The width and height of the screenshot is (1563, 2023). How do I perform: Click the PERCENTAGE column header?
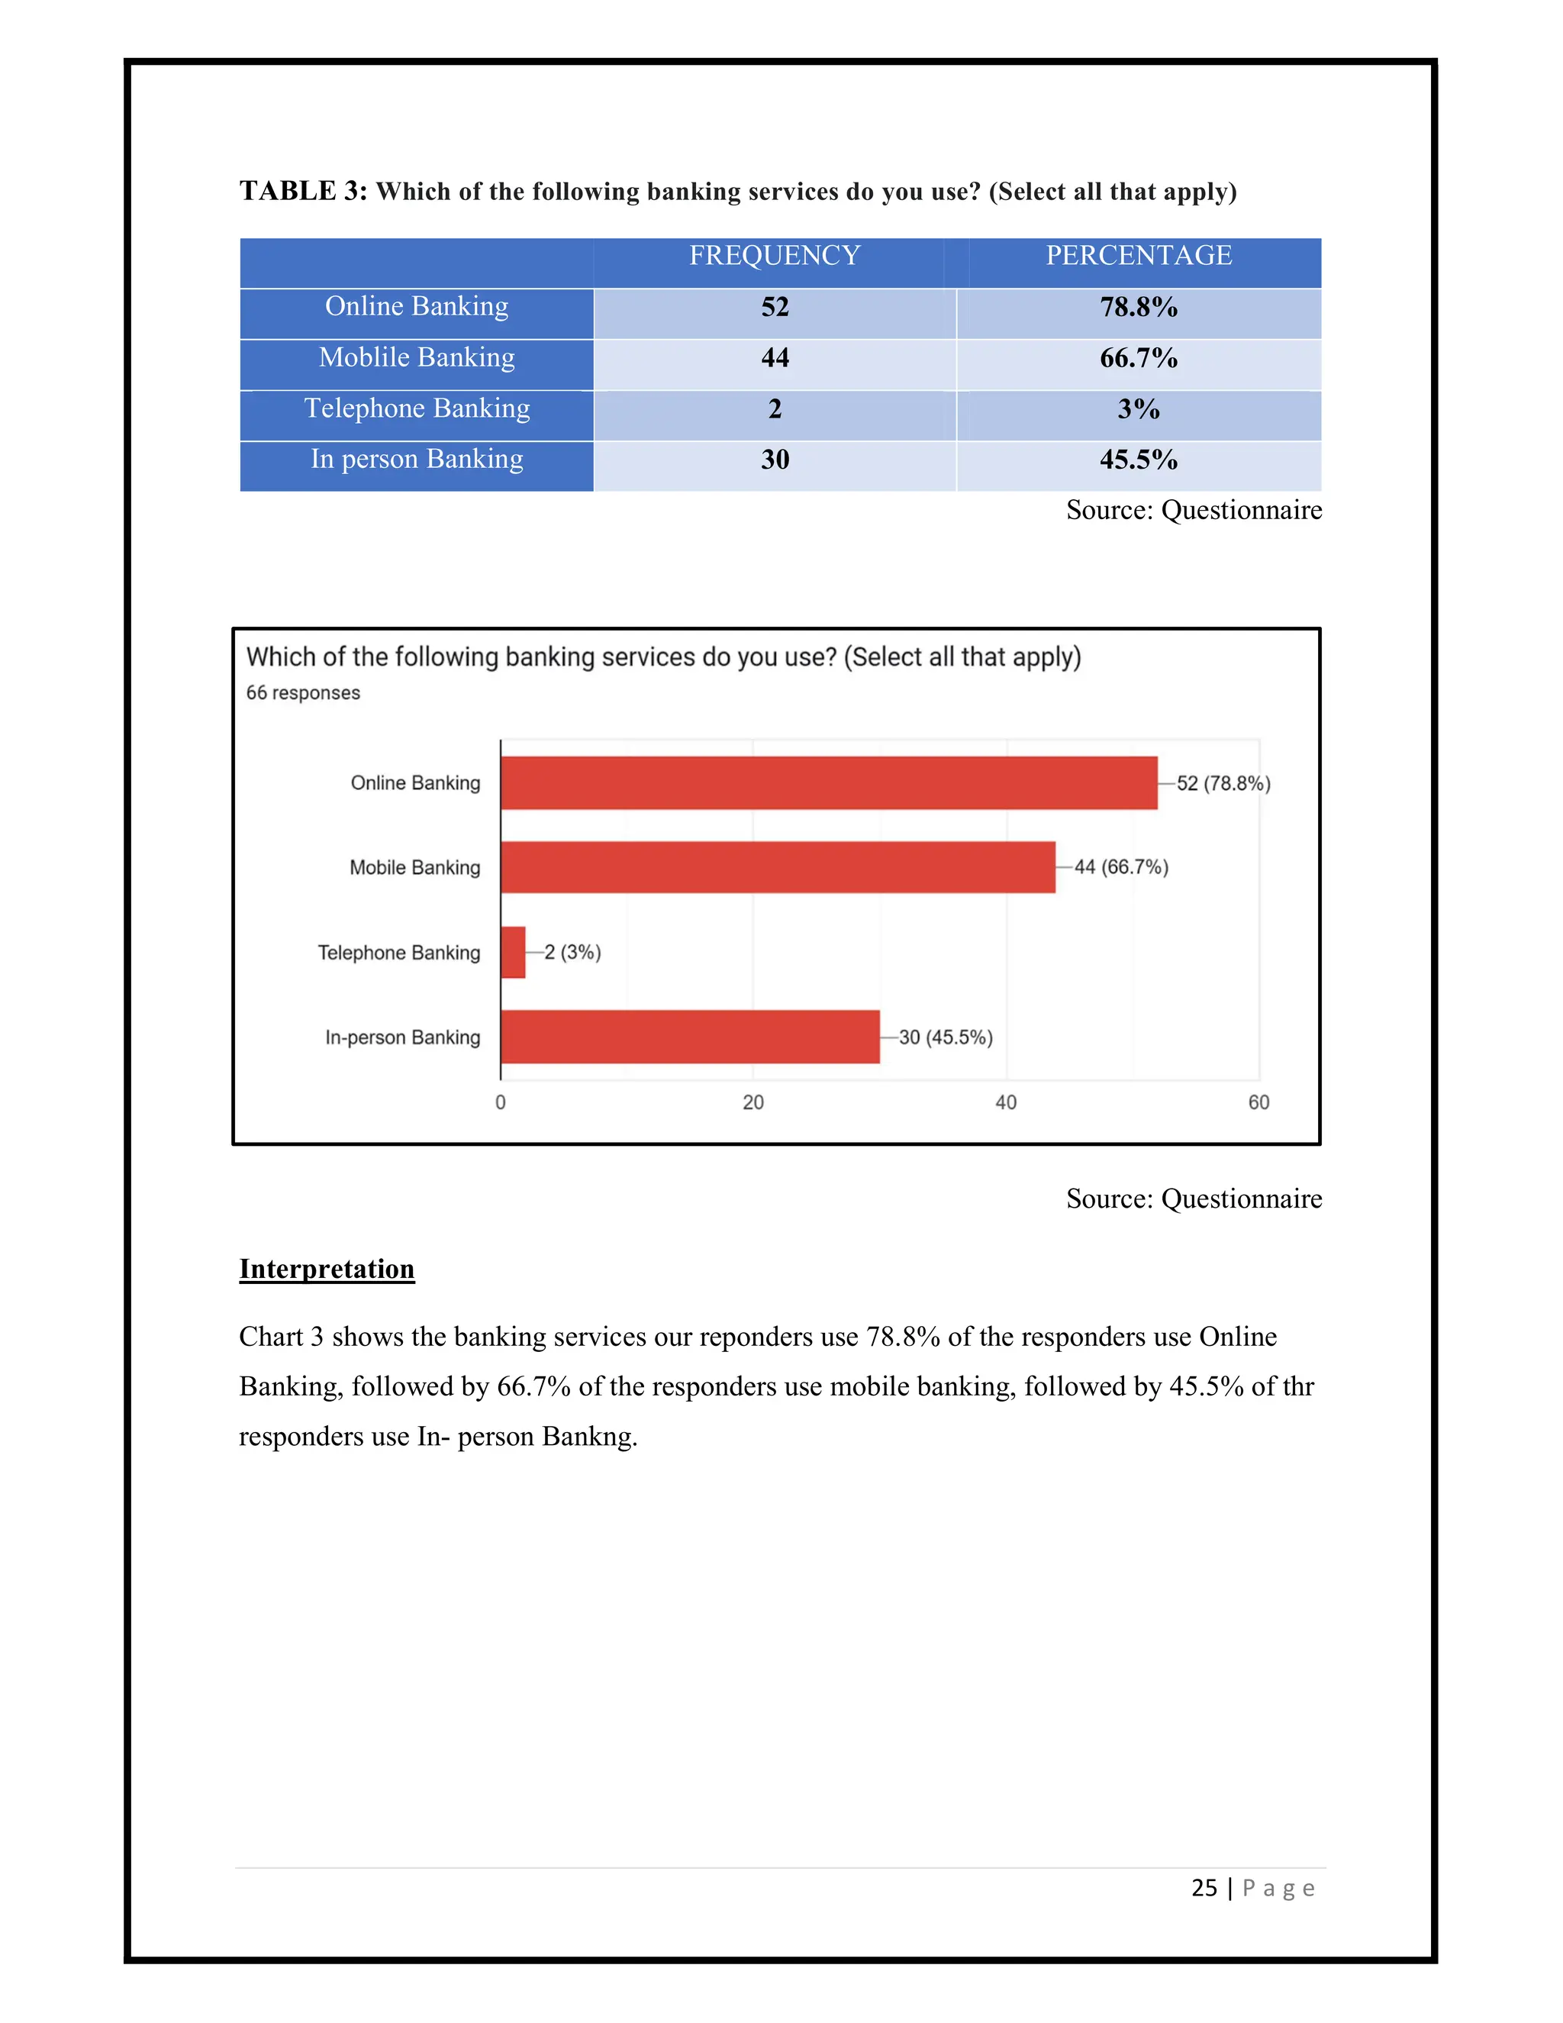click(x=1138, y=256)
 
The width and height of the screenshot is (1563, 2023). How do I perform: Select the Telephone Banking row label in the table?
click(x=417, y=408)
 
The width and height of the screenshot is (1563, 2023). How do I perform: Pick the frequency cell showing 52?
click(x=775, y=308)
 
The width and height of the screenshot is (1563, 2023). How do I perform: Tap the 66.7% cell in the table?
click(x=1138, y=359)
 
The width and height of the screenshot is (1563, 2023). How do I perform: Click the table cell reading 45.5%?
click(x=1138, y=460)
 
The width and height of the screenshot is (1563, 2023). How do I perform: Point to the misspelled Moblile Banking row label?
click(x=417, y=357)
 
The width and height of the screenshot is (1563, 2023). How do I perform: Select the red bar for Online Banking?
click(x=829, y=782)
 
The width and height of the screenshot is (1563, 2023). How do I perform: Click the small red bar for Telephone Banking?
click(x=513, y=952)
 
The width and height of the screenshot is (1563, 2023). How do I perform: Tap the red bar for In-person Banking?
click(x=690, y=1037)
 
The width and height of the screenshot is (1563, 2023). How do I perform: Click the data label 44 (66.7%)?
click(x=1120, y=867)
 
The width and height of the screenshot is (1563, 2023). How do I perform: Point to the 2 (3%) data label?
click(x=572, y=952)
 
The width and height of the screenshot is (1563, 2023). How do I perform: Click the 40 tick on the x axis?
click(x=1006, y=1102)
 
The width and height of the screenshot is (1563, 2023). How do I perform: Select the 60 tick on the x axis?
click(x=1258, y=1102)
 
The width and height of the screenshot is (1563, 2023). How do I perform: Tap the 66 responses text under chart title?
click(x=303, y=693)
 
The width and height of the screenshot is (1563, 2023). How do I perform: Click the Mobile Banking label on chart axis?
click(x=415, y=868)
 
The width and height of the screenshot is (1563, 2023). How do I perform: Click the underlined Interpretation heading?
click(x=327, y=1269)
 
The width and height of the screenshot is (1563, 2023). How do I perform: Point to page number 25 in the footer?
click(x=1204, y=1888)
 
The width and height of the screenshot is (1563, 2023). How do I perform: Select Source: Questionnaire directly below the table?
click(x=1194, y=511)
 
